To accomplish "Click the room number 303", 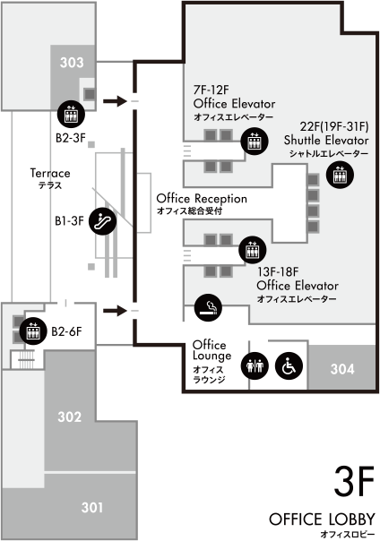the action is (x=72, y=63).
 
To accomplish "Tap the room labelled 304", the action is (x=342, y=369).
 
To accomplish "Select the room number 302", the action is (x=69, y=416).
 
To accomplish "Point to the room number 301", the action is (x=92, y=507).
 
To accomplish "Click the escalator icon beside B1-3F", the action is (x=102, y=221).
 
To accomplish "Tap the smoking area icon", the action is (x=208, y=307).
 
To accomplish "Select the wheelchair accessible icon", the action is (x=289, y=365).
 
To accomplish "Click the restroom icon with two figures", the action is (x=255, y=365).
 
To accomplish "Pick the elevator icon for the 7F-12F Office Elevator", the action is (x=255, y=142).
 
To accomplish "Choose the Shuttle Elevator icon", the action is (x=340, y=175).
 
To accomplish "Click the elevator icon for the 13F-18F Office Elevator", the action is (x=253, y=250).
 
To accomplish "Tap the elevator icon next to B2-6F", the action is (x=33, y=331).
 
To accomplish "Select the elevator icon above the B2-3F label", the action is (x=71, y=115).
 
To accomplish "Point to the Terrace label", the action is (x=50, y=173).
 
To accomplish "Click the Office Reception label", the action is (x=202, y=199).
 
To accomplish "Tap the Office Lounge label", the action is (x=212, y=350).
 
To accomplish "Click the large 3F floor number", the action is (x=354, y=481).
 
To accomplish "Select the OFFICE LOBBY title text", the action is (x=322, y=519).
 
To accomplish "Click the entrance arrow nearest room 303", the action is (x=116, y=101).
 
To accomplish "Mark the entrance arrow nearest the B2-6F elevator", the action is (x=116, y=311).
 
